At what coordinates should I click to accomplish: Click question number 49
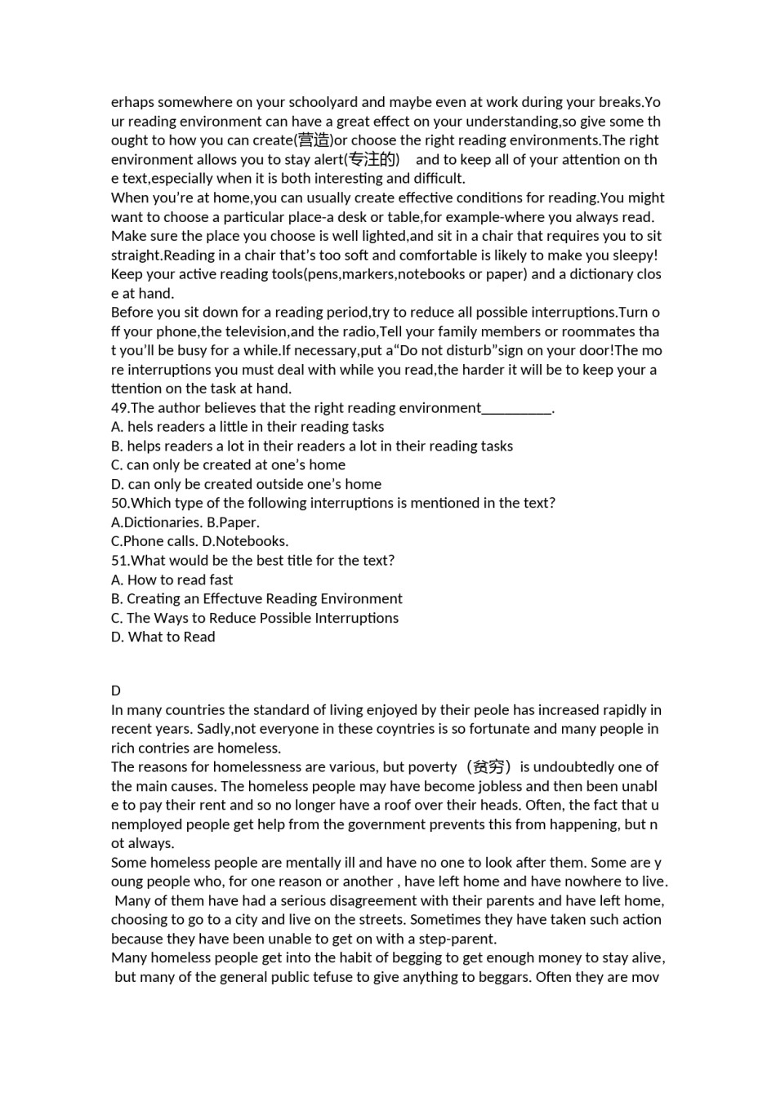[119, 407]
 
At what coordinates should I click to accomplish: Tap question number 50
[119, 503]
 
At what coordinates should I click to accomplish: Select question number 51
[119, 560]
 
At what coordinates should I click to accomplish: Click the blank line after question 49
[517, 408]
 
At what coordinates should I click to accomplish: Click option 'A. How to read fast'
[172, 580]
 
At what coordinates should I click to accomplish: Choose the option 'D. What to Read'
[163, 637]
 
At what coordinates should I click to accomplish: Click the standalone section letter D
[116, 691]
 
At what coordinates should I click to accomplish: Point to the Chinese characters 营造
[314, 140]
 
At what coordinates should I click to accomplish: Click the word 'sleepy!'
[634, 255]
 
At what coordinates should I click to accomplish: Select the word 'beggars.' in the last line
[505, 977]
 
